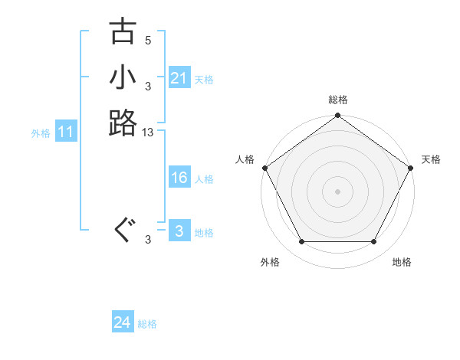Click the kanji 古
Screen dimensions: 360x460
tap(123, 32)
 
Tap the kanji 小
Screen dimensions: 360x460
tap(123, 77)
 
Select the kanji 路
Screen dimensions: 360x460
tap(123, 123)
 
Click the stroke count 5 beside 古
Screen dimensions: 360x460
tap(148, 41)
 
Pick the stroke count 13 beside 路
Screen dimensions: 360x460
tap(148, 133)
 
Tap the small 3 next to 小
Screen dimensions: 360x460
tap(148, 87)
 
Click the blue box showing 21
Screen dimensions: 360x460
tap(179, 78)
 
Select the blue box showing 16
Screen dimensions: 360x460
tap(179, 178)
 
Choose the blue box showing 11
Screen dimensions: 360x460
tap(66, 132)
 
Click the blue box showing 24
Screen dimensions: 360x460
tap(123, 323)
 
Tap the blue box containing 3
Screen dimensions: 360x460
tap(179, 231)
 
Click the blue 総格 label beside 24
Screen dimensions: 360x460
tap(147, 324)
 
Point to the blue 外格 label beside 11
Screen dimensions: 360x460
tap(41, 133)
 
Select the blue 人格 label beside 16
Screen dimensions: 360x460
tap(204, 178)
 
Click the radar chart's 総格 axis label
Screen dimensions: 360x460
tap(337, 100)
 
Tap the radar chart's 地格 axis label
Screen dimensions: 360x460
tap(402, 262)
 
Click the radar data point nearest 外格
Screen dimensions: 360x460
tap(301, 242)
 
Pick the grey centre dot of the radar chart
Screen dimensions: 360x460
tap(337, 191)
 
